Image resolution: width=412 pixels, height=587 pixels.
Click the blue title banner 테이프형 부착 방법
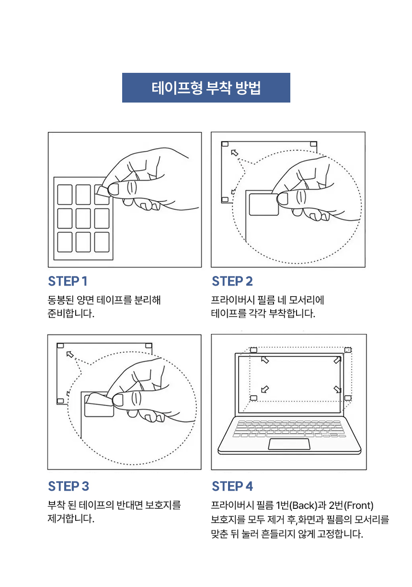point(206,88)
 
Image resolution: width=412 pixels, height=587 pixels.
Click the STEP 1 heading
point(68,281)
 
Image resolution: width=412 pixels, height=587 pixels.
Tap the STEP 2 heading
point(232,281)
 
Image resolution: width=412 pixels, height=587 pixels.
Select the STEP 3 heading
point(69,486)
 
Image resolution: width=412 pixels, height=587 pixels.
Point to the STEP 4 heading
point(232,486)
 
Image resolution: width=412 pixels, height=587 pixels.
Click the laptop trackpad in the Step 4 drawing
point(288,444)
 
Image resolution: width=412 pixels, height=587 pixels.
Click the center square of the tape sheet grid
point(83,219)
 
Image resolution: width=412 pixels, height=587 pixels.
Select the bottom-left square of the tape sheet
point(65,242)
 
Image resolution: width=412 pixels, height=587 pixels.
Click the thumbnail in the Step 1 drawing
point(114,189)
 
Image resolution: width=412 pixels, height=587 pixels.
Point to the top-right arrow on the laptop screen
point(338,360)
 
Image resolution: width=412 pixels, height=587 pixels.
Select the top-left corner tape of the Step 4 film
point(254,350)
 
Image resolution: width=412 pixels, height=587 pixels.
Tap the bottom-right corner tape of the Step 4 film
point(348,397)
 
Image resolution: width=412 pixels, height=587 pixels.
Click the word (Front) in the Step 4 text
point(359,506)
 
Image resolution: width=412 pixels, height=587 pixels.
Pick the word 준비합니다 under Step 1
point(69,314)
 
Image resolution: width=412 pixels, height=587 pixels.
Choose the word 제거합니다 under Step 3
point(69,519)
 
